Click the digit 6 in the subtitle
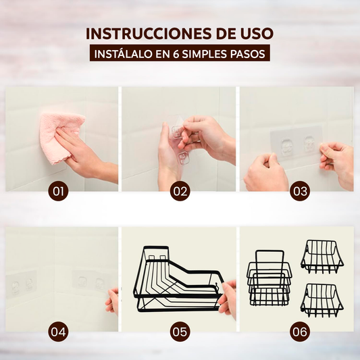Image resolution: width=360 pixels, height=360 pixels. click(176, 54)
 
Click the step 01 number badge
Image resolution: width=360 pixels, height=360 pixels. click(58, 191)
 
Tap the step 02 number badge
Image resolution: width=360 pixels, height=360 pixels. click(180, 191)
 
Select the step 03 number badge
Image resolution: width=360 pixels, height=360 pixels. click(300, 191)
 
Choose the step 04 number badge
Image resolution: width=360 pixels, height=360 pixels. click(58, 332)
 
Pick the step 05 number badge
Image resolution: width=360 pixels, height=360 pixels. click(180, 332)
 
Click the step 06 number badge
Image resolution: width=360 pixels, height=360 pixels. click(300, 332)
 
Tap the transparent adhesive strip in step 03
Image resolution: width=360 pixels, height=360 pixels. click(297, 143)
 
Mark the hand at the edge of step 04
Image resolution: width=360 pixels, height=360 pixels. click(113, 301)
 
